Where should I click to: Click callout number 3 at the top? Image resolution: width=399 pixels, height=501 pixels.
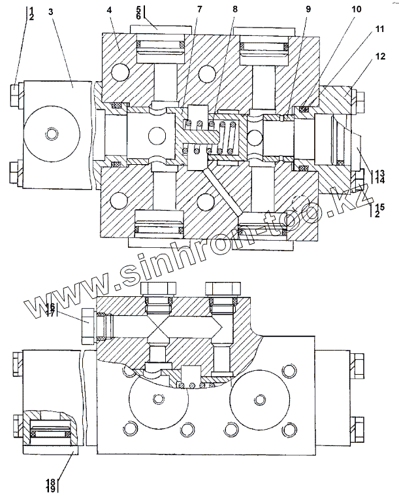[52, 12]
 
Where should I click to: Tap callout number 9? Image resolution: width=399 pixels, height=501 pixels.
[308, 10]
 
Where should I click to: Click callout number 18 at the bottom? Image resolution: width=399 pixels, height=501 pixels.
[50, 482]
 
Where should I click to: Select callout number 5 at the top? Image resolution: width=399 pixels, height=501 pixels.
[138, 9]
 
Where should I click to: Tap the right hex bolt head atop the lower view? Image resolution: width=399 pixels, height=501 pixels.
[222, 290]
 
